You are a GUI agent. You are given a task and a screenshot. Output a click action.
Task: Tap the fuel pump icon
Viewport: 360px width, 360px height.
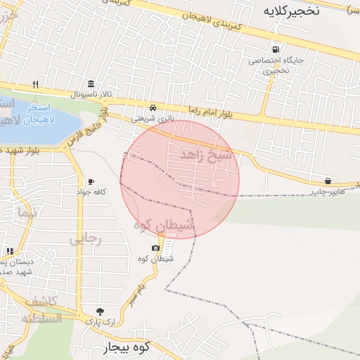click(x=276, y=50)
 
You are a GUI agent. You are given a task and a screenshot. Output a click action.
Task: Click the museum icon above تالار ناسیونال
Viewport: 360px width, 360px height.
click(x=91, y=83)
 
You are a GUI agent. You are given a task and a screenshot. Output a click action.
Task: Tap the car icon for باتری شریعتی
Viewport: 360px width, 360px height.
click(x=153, y=108)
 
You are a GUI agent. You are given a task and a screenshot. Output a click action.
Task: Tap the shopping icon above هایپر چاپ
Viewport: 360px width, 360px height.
click(x=328, y=181)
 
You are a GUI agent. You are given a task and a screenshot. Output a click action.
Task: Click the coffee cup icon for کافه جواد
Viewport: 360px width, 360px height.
click(x=91, y=181)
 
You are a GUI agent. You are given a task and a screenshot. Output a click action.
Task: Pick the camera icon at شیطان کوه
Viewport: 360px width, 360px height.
click(x=155, y=248)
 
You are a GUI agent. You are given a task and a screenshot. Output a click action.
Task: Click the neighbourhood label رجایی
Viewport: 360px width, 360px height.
click(x=85, y=239)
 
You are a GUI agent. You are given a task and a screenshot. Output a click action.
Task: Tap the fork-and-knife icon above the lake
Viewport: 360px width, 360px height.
click(x=35, y=84)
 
